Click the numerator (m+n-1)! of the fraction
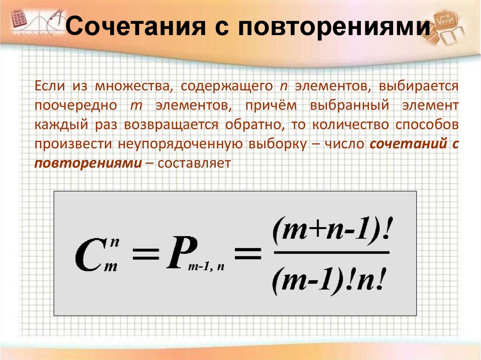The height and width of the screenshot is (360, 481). [x=332, y=231]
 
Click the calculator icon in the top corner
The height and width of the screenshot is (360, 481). [x=18, y=18]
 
